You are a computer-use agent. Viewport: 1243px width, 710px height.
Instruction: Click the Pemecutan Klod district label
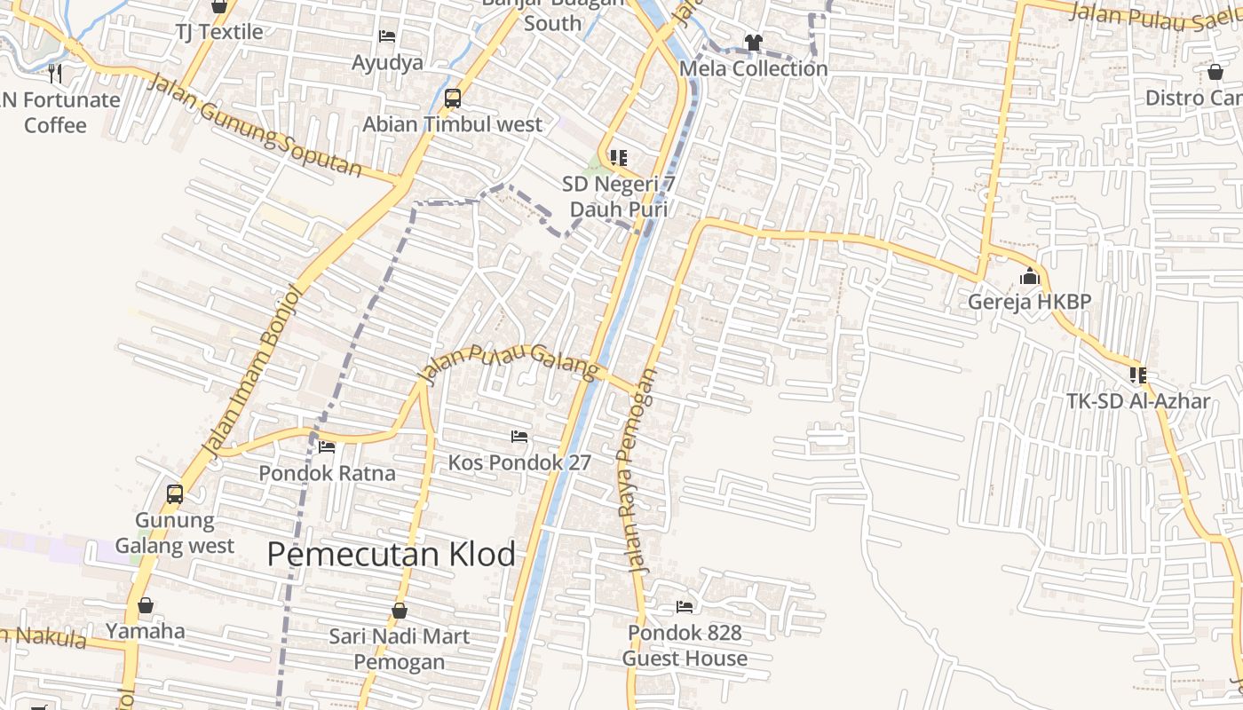(391, 555)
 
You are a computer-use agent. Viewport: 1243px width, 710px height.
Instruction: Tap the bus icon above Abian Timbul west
(453, 99)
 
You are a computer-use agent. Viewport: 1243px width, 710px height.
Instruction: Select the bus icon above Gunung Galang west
(175, 494)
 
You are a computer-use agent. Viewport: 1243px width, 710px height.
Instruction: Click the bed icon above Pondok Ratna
(327, 446)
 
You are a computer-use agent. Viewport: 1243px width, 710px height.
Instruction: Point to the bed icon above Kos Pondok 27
(519, 436)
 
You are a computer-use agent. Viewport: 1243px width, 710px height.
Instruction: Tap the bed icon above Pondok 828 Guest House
(685, 606)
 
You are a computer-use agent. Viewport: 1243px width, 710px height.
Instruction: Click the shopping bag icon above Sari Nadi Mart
(400, 611)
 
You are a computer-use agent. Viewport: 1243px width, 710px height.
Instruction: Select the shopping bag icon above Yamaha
(146, 605)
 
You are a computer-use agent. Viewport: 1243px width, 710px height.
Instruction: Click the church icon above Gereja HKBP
(1030, 277)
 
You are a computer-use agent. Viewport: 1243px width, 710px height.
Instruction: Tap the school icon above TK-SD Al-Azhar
(1138, 375)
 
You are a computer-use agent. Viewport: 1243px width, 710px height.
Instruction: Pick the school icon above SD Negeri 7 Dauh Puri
(619, 158)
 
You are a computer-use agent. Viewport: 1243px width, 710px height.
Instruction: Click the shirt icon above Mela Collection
(753, 42)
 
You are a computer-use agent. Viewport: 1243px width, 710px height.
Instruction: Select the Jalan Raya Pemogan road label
(637, 470)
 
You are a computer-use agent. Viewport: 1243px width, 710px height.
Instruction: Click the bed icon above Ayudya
(387, 36)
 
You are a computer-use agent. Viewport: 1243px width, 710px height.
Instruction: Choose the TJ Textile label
(219, 32)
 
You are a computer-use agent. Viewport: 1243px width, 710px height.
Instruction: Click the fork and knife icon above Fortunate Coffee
(55, 73)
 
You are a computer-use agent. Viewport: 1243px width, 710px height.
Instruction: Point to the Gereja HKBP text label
(1029, 302)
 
